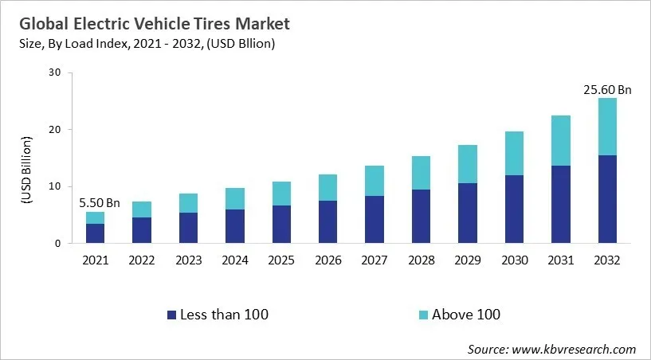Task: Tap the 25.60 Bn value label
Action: tap(606, 90)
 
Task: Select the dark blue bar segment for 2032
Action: tap(606, 199)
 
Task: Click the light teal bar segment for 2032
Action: tap(606, 127)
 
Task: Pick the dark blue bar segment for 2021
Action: tap(95, 233)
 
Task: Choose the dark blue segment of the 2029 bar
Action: tap(467, 213)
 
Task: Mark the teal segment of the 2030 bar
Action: tap(513, 154)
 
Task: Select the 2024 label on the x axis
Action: tap(234, 260)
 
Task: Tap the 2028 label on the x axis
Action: tap(421, 260)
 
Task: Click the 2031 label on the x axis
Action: tap(560, 260)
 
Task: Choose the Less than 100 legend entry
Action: tap(217, 315)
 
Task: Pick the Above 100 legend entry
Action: tap(457, 315)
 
